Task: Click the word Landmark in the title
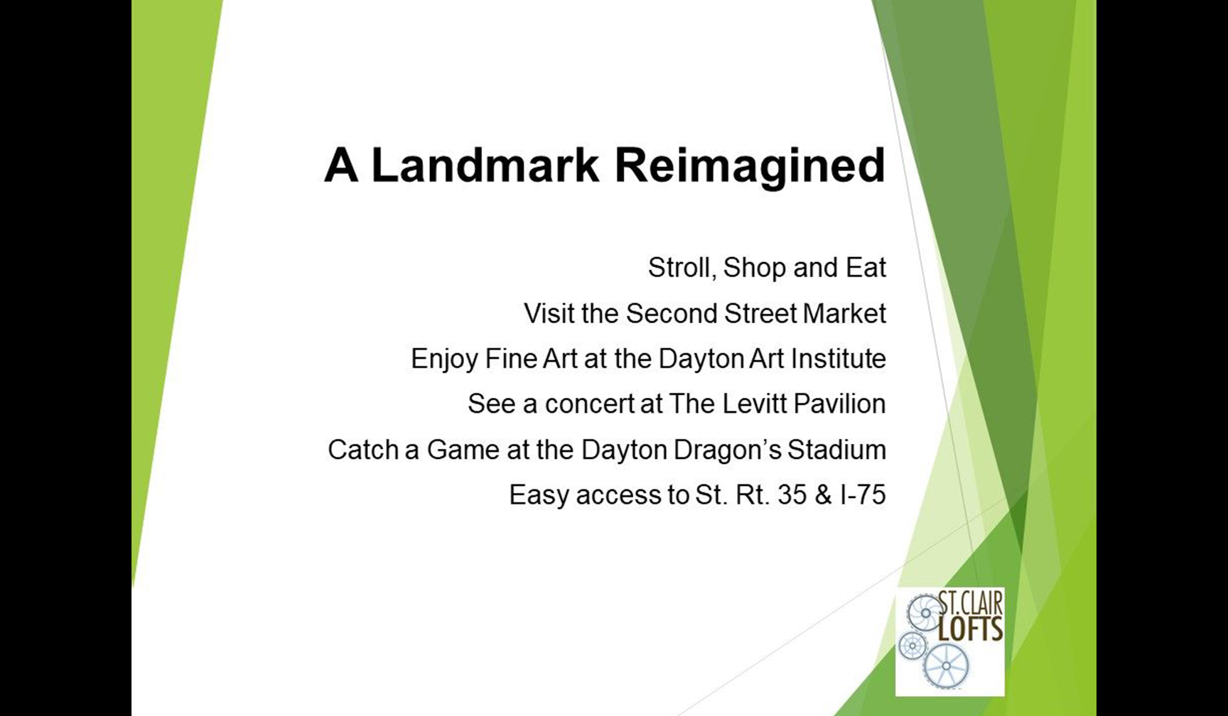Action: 485,166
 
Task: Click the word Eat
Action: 866,268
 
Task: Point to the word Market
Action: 844,313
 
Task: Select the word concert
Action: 589,404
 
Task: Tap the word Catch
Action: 363,450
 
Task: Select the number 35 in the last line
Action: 792,495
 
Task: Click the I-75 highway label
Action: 863,495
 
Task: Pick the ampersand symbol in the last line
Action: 824,495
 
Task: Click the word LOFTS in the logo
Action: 970,629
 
